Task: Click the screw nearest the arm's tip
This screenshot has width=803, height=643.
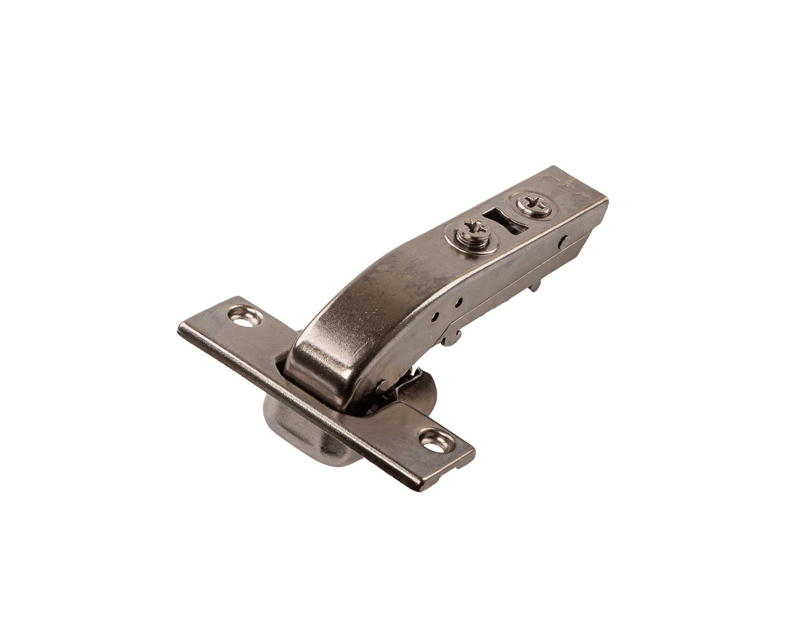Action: pos(533,205)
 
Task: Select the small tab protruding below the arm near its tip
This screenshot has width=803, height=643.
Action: pos(534,285)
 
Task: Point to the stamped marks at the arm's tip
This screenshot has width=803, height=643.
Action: pos(567,186)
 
